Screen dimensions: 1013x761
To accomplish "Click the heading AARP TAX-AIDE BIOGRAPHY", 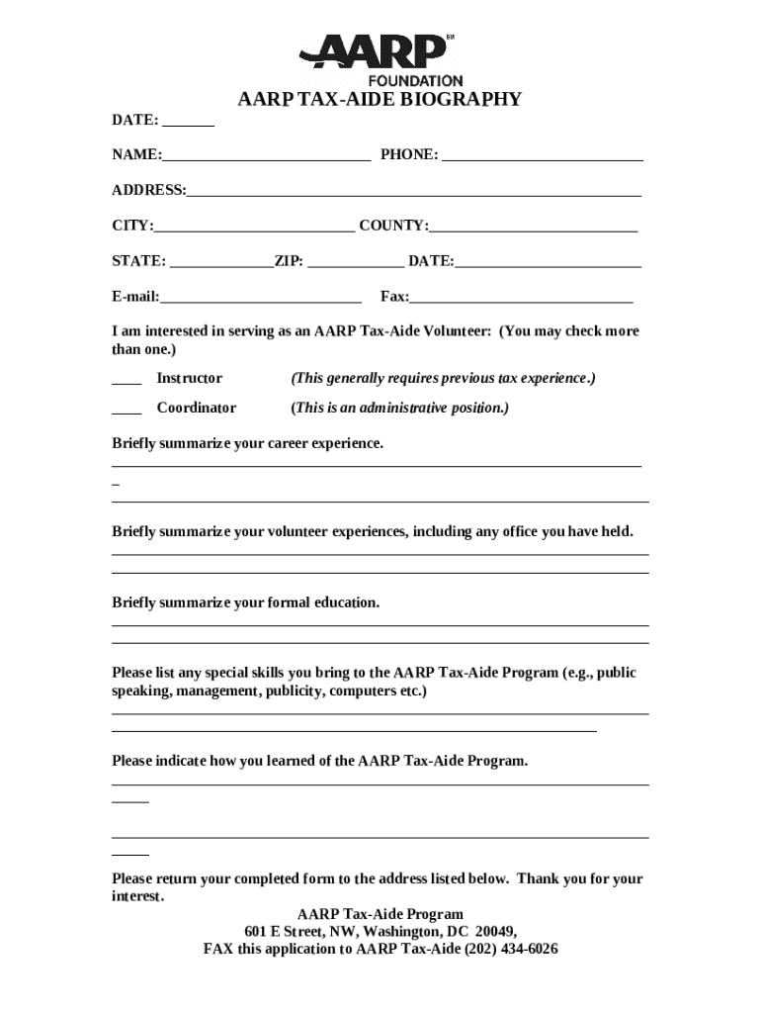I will pyautogui.click(x=380, y=100).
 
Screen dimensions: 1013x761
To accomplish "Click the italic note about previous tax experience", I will pyautogui.click(x=443, y=379).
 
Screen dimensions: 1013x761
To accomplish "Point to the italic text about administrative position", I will pyautogui.click(x=399, y=409).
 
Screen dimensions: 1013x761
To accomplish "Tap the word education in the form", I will pyautogui.click(x=346, y=602).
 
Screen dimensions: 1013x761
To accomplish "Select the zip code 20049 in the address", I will pyautogui.click(x=493, y=932).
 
